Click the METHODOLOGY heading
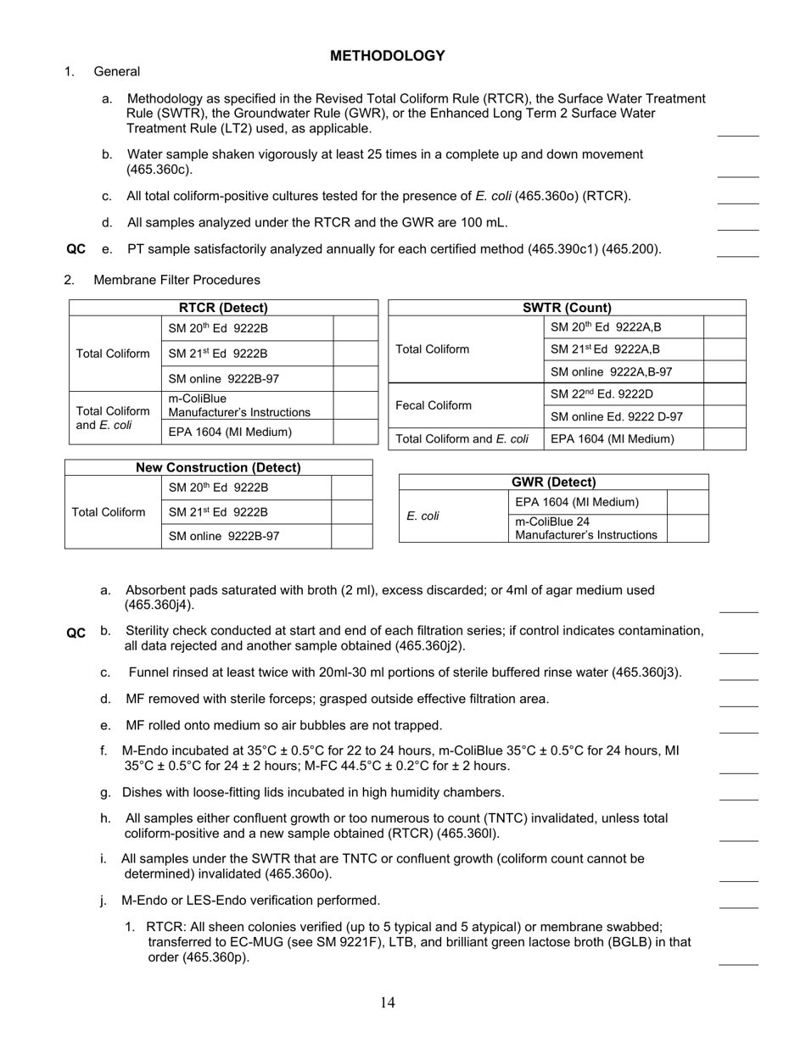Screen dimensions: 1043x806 (x=387, y=56)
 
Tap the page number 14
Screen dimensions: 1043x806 (x=388, y=1003)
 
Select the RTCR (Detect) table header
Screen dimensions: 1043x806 (x=223, y=308)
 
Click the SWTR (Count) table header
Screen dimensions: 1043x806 (x=567, y=308)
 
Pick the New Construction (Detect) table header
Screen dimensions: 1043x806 (x=219, y=467)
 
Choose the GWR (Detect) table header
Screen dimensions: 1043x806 (x=553, y=482)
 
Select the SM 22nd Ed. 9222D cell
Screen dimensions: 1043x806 (x=602, y=394)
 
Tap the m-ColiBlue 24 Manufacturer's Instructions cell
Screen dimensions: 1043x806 (x=586, y=528)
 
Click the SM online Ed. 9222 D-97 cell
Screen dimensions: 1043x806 (x=616, y=416)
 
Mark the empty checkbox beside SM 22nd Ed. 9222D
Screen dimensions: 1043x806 (x=725, y=394)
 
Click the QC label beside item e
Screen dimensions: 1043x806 (x=76, y=249)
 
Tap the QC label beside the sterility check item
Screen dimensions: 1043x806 (x=76, y=633)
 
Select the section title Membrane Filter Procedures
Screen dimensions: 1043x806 (x=176, y=280)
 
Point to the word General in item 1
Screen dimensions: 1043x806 (x=117, y=72)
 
